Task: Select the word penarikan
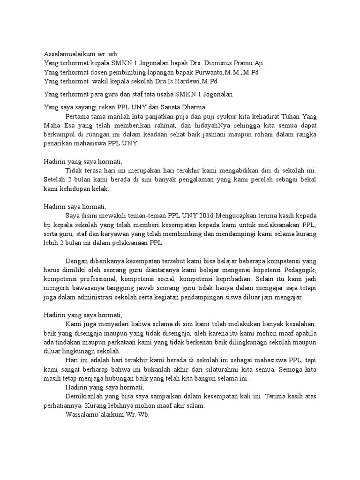(60, 143)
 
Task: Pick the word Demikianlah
(85, 397)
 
